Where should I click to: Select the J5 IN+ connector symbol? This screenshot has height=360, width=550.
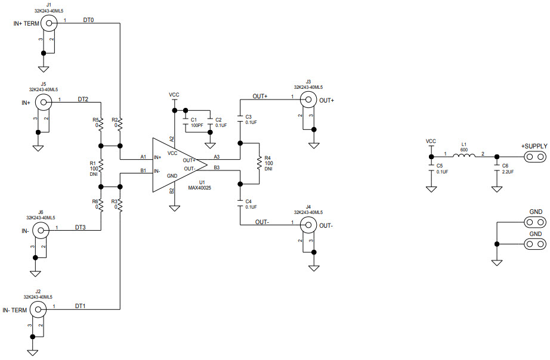[x=43, y=102]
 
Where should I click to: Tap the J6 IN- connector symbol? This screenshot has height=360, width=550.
[x=41, y=230]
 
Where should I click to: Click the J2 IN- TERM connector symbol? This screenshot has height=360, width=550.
[x=38, y=309]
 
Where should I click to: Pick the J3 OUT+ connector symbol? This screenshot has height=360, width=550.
[x=308, y=100]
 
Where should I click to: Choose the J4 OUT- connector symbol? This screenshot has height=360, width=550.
[x=308, y=225]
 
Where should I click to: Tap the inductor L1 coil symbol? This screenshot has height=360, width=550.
[x=464, y=157]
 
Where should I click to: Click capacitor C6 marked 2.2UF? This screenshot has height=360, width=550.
[x=496, y=170]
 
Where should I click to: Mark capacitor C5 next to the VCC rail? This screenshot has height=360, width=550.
[x=431, y=170]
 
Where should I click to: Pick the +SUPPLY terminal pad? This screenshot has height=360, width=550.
[x=534, y=157]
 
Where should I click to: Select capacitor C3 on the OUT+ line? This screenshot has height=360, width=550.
[x=240, y=117]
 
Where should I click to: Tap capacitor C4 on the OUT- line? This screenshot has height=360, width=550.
[x=240, y=203]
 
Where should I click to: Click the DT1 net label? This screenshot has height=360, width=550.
[x=81, y=306]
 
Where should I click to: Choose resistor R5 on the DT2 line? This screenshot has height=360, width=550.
[x=101, y=125]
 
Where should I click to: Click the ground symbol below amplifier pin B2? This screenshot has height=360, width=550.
[x=174, y=208]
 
